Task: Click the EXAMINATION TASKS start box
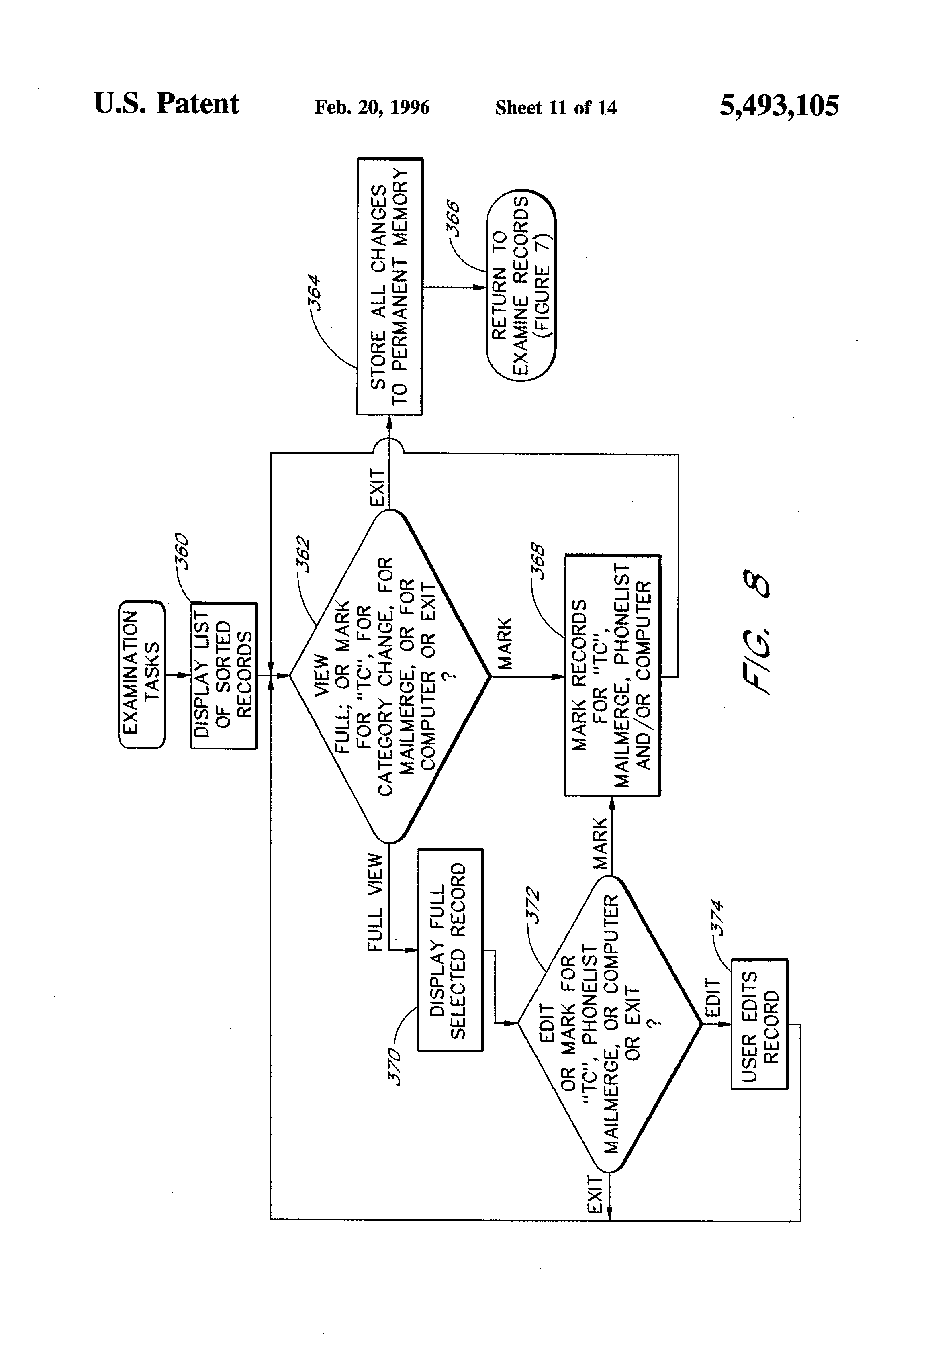point(141,674)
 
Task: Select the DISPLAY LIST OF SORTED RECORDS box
point(224,676)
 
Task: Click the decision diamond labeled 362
point(389,676)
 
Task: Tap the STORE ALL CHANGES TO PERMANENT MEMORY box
point(389,287)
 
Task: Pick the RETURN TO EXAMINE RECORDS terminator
point(521,285)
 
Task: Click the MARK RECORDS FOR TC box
point(612,675)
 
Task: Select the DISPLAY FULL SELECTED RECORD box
point(450,950)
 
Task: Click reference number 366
point(453,218)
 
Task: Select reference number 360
point(183,550)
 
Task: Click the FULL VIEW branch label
point(375,901)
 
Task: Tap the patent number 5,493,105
point(779,106)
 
